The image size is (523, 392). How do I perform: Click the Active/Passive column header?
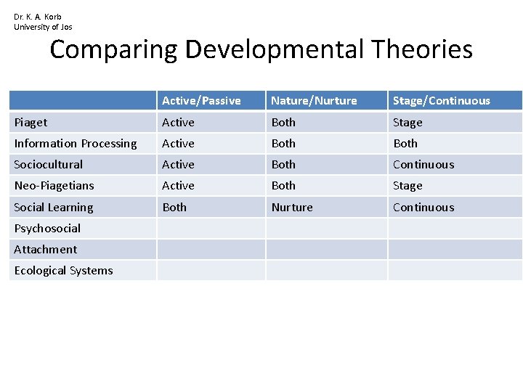click(x=201, y=101)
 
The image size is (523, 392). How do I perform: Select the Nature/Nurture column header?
click(x=314, y=101)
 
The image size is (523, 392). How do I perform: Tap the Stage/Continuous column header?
click(x=441, y=101)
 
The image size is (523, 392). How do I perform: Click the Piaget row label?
click(x=31, y=123)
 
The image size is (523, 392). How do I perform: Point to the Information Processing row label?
click(x=76, y=144)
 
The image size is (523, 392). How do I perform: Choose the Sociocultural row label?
click(x=49, y=165)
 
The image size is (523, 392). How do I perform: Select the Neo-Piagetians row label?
click(x=54, y=186)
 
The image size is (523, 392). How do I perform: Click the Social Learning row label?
click(x=54, y=208)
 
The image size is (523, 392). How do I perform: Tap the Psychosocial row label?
click(x=47, y=229)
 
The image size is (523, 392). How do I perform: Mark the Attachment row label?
click(x=45, y=250)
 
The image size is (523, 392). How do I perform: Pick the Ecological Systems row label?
click(x=64, y=271)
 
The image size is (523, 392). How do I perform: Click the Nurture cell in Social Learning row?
click(x=292, y=208)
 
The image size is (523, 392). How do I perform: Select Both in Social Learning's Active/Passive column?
click(x=174, y=208)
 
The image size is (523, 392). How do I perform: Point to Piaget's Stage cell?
click(x=408, y=123)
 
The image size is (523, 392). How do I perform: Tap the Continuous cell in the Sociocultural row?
click(x=423, y=165)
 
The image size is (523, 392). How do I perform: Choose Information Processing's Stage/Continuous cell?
click(x=405, y=144)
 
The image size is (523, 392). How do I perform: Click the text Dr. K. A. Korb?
click(x=38, y=17)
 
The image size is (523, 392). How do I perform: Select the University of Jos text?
click(x=43, y=27)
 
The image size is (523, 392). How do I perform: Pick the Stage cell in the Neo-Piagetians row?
click(x=408, y=186)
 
